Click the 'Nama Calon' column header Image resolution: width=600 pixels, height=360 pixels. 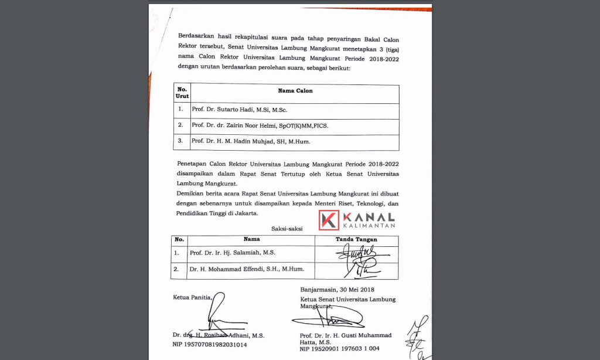[295, 91]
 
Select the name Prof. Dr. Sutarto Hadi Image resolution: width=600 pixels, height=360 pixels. [239, 110]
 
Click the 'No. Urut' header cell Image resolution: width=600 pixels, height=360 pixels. [182, 93]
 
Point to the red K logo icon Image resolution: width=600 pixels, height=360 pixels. [329, 220]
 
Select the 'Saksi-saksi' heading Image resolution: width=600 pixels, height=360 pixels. [287, 228]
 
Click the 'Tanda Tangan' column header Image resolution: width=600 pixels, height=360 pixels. [356, 239]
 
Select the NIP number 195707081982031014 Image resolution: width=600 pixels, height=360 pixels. [209, 345]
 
